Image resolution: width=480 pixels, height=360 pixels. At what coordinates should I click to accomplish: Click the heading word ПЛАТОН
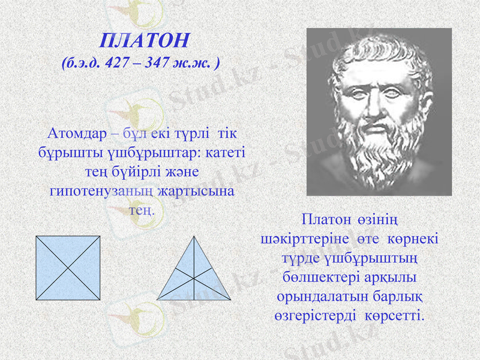tap(145, 40)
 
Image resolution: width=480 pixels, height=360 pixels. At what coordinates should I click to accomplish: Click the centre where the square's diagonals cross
tap(68, 268)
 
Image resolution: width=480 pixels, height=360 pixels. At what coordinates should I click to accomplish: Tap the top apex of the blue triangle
tap(194, 236)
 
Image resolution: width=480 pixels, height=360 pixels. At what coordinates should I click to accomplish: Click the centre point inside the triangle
tap(194, 278)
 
